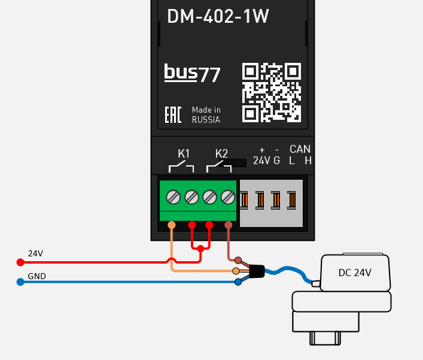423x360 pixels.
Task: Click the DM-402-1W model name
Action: tap(218, 17)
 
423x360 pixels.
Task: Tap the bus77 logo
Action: tap(192, 73)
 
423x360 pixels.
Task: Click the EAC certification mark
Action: tap(173, 115)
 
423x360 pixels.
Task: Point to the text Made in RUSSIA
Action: tap(206, 115)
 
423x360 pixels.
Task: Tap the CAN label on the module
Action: tap(300, 149)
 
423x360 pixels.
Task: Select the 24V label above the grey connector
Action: tap(261, 161)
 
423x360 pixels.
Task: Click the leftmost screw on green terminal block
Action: tap(173, 196)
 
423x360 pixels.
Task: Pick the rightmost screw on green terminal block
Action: tap(227, 196)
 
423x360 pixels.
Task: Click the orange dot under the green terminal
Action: tap(172, 225)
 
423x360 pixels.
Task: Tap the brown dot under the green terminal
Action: tap(228, 225)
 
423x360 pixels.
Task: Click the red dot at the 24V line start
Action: tap(20, 262)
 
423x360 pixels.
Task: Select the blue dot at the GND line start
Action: tap(20, 282)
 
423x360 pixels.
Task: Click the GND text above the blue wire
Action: tap(36, 277)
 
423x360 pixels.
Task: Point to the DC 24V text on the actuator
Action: tap(355, 273)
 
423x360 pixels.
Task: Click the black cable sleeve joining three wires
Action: tap(255, 271)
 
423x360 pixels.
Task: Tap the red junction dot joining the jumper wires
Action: tap(200, 248)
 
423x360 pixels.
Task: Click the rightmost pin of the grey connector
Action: tap(291, 199)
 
